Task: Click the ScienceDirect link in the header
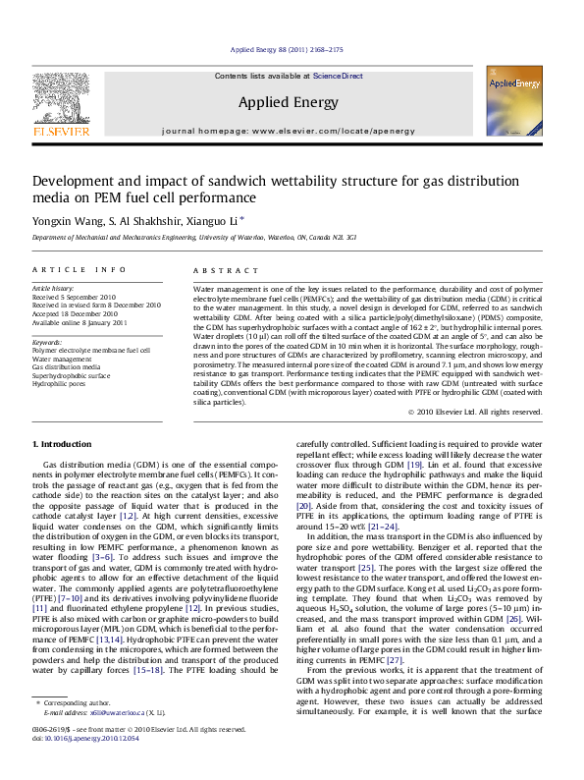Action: [338, 76]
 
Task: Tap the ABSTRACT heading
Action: [217, 269]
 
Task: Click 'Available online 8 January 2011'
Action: [80, 322]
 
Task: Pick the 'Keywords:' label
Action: [47, 342]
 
